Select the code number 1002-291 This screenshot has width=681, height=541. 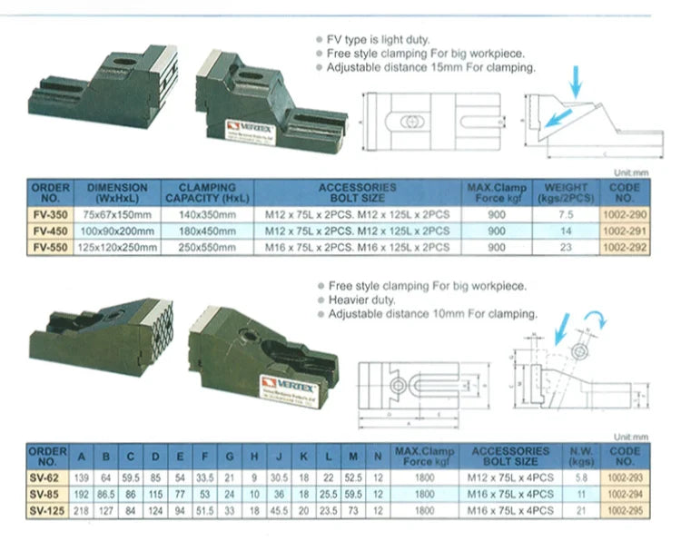[627, 231]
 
